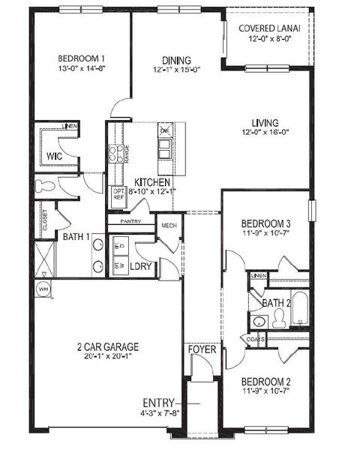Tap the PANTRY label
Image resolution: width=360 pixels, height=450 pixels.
[125, 222]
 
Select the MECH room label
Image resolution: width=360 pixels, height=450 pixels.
[169, 226]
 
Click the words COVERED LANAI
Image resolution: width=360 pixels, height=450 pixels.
[270, 28]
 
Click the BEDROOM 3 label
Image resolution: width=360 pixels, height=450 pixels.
[265, 223]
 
